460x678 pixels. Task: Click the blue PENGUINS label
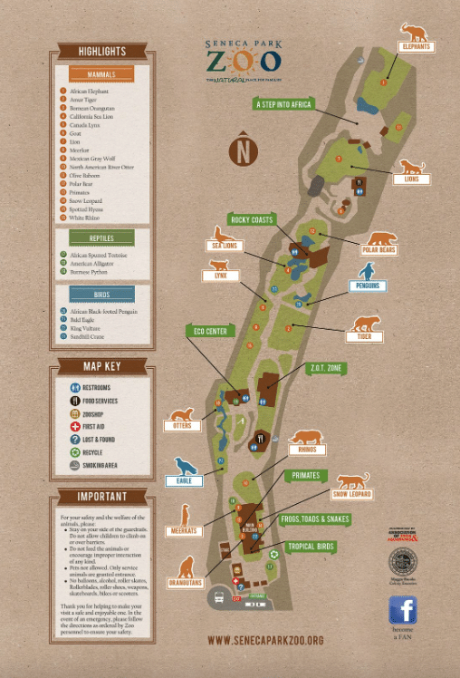coord(368,286)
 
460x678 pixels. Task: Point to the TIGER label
coord(364,337)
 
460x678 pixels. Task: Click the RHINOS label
coord(304,449)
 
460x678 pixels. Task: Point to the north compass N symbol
coord(242,150)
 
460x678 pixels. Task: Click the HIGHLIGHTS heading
coord(101,52)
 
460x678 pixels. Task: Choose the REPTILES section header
coord(101,237)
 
